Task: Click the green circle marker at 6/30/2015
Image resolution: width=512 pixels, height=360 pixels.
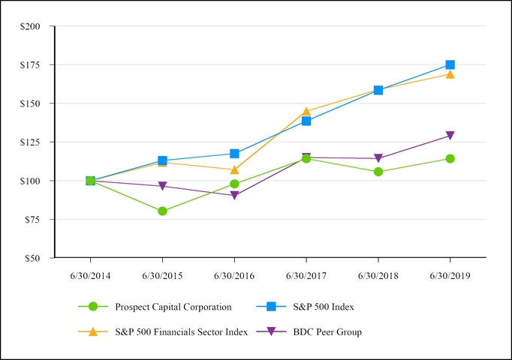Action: [x=162, y=211]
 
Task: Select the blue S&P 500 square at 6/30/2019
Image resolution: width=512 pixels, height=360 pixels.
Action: [x=450, y=65]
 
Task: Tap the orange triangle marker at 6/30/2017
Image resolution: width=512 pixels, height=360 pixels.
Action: [x=306, y=111]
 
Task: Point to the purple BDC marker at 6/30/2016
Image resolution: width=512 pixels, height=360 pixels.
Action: [x=234, y=196]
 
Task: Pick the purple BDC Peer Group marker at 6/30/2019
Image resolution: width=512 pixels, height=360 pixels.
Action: [x=450, y=136]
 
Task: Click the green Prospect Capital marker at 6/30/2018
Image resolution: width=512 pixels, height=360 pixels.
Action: [x=378, y=172]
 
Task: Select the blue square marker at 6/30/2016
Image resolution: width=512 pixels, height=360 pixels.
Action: [x=234, y=154]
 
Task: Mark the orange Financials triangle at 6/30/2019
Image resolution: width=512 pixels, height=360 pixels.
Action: [x=450, y=74]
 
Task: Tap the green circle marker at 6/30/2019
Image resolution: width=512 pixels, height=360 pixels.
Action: [x=450, y=158]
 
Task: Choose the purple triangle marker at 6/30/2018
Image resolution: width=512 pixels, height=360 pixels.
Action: [x=378, y=158]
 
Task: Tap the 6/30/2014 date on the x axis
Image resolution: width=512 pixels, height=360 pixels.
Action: [x=90, y=276]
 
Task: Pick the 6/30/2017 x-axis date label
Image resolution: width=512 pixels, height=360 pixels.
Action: [x=306, y=276]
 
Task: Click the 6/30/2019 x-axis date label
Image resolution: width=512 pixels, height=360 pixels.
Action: [x=450, y=276]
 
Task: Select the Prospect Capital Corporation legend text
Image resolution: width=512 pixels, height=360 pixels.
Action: [x=173, y=306]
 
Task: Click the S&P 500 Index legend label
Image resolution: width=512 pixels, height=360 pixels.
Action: [x=324, y=306]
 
